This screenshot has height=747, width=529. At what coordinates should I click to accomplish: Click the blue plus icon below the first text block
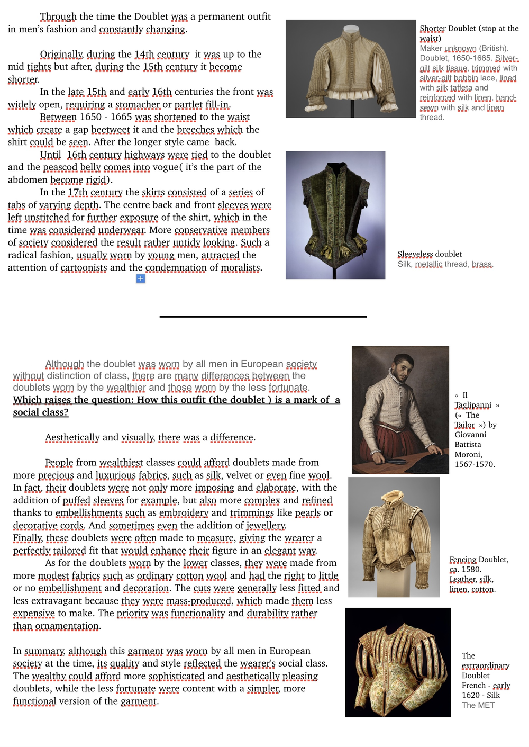click(141, 278)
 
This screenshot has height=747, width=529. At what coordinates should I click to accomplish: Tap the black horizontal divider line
click(263, 317)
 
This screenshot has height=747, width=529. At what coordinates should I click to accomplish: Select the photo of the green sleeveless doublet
click(335, 215)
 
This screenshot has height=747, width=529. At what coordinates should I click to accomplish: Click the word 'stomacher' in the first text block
click(138, 104)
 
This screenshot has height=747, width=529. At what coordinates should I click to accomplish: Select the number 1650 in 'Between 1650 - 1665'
click(91, 117)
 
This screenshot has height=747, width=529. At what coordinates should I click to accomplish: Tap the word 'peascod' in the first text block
click(60, 167)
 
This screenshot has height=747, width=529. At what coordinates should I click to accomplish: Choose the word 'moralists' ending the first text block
click(241, 268)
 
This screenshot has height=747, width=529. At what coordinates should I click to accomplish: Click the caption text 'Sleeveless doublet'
click(430, 254)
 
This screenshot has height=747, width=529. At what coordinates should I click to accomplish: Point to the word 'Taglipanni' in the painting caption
click(473, 405)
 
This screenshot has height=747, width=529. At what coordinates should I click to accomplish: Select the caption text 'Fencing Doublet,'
click(479, 560)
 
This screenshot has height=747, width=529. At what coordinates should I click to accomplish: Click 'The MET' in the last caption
click(478, 705)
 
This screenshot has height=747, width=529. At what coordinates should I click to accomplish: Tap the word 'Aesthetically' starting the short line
click(72, 438)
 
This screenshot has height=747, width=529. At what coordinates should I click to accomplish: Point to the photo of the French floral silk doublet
click(398, 662)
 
